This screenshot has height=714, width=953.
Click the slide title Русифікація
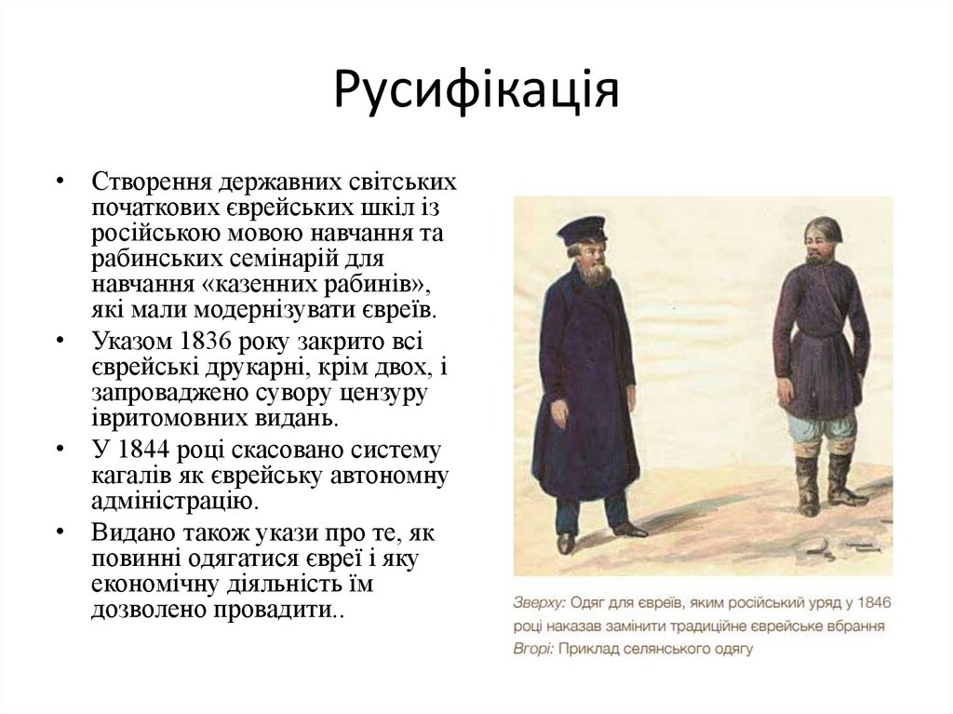(x=476, y=90)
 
